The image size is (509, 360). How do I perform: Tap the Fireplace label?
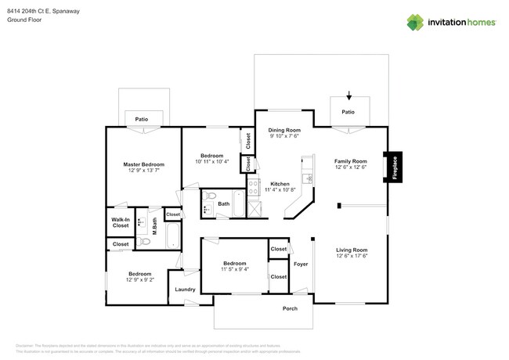pos(395,168)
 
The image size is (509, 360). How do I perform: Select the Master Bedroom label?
pos(143,164)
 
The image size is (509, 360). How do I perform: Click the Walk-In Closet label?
pos(120,221)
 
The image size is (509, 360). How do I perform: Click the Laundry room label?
pos(185,290)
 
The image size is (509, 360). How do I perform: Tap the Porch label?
pos(290,308)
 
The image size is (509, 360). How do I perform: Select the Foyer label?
pos(301,264)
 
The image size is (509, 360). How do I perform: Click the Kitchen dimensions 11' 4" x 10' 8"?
pos(280,189)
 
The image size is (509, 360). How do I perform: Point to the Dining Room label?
pos(284,130)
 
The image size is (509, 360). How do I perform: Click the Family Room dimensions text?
pos(350,166)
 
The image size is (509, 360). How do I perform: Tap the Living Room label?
pos(352,250)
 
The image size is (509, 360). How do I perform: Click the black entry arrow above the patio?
pos(348,95)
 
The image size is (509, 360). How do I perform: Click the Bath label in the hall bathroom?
pos(224,204)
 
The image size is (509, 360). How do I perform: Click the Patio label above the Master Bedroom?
pos(142,119)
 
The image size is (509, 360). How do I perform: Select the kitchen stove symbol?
pos(254,186)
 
